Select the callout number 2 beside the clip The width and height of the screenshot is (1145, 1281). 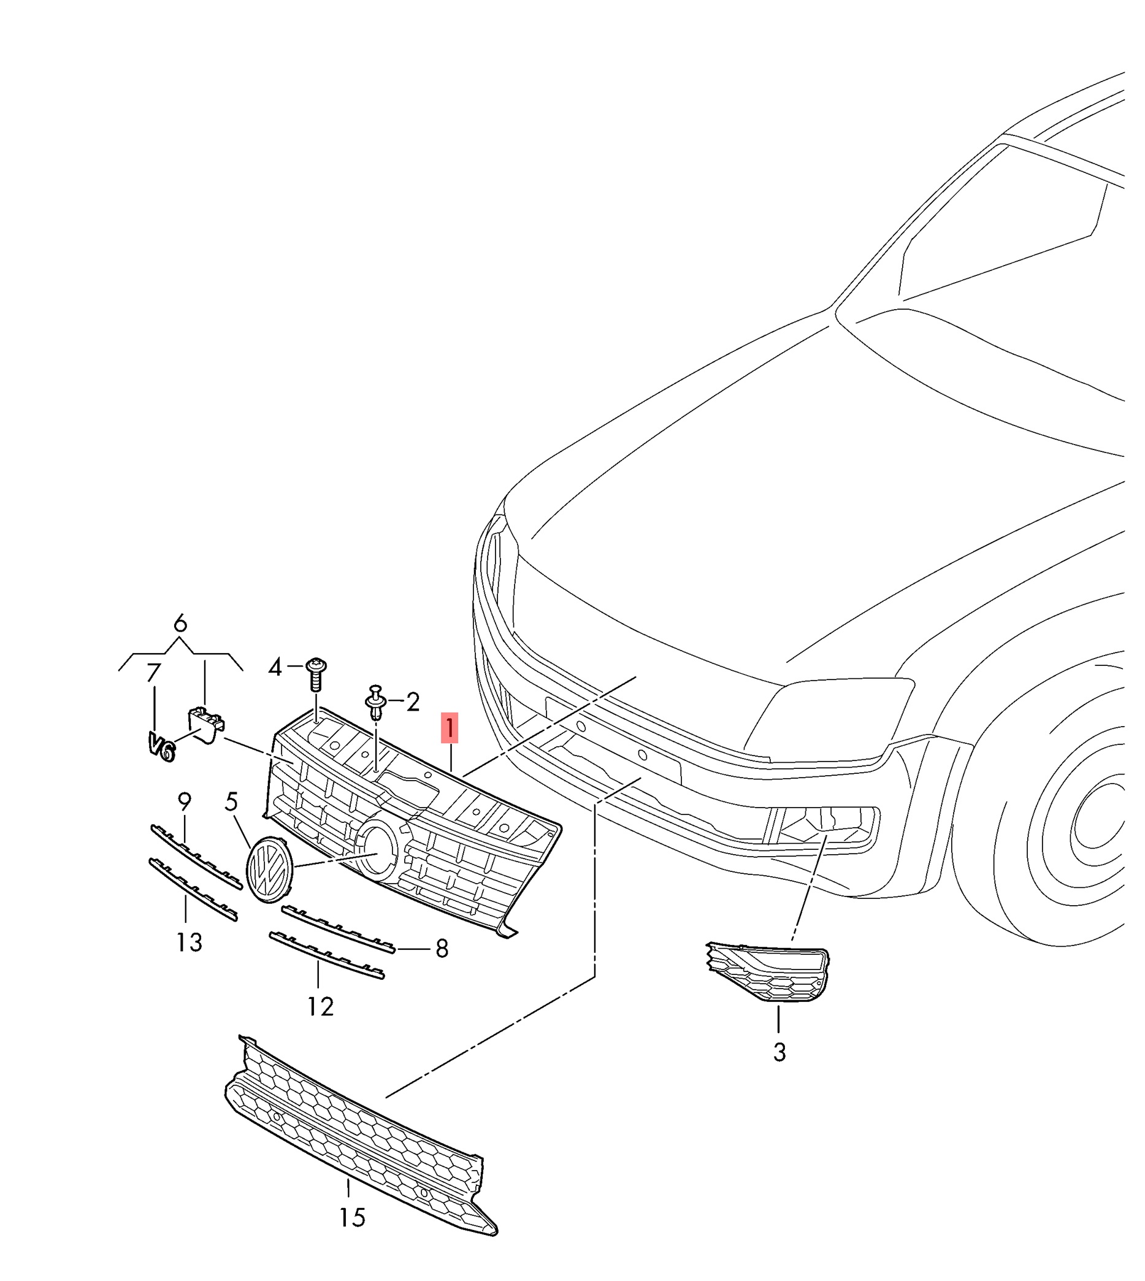pos(413,702)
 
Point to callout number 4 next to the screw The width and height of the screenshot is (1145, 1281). pos(275,667)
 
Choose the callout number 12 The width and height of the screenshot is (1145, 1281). pos(320,1007)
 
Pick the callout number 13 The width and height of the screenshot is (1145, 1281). pos(189,942)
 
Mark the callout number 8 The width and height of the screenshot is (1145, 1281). pos(442,948)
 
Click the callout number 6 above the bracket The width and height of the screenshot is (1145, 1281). pos(180,624)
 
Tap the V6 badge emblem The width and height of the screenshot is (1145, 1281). pos(161,746)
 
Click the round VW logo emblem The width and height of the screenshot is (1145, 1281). pos(270,870)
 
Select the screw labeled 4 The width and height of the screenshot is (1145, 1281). pos(316,674)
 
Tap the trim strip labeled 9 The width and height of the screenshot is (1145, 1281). pos(196,857)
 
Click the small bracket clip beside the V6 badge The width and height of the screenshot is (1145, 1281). pos(206,724)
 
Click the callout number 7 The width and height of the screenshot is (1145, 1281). pos(153,673)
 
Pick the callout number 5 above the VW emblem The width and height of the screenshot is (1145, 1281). pos(232,801)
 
